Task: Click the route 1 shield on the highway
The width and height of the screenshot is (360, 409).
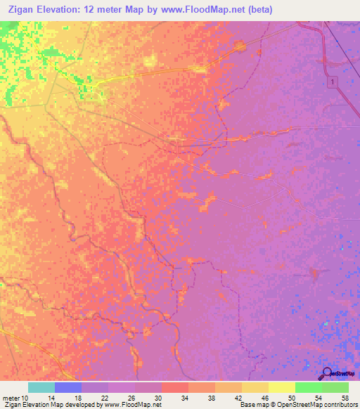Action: (333, 83)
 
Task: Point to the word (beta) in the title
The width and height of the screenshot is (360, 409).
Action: (258, 10)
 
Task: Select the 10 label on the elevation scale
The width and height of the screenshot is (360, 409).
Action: (20, 398)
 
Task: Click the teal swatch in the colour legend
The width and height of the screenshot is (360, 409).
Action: (41, 387)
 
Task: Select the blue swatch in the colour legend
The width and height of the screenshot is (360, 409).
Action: (68, 387)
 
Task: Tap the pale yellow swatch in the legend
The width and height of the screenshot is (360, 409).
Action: (282, 387)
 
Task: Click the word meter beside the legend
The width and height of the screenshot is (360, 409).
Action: (8, 398)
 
